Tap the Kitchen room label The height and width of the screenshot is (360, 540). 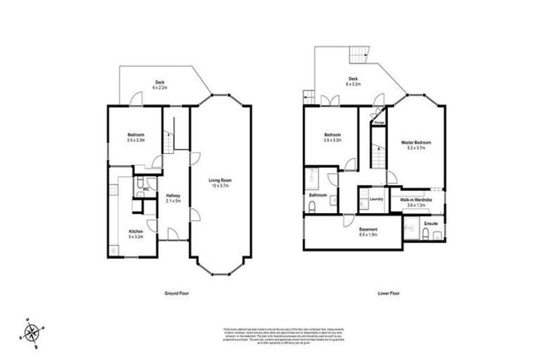point(135,233)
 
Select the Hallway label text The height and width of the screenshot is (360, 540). point(173,198)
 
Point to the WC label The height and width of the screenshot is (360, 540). point(146,189)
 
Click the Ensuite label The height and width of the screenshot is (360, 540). point(432,224)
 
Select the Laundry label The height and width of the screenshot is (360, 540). point(375,199)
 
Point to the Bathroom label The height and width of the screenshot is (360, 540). point(318,195)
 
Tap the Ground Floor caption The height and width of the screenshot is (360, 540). point(175,292)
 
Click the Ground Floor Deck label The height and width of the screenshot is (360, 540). point(160,85)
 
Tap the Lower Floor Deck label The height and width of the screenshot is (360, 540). point(353,81)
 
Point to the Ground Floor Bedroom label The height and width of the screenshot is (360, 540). point(136,138)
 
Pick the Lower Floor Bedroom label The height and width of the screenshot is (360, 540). point(333,138)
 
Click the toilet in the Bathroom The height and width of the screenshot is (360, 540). point(311,206)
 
